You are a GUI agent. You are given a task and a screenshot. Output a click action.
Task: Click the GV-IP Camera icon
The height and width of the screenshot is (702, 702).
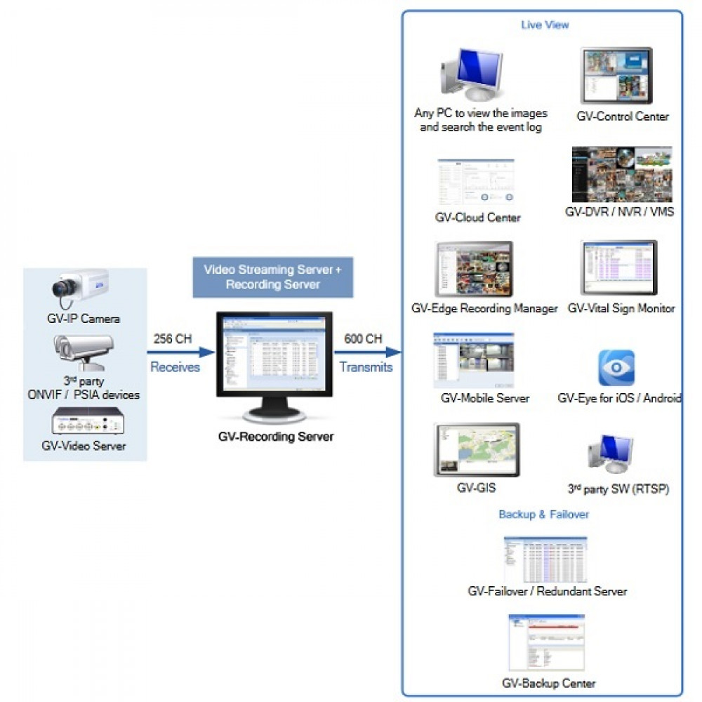[79, 290]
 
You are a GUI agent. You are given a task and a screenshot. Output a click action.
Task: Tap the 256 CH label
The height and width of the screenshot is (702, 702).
[173, 339]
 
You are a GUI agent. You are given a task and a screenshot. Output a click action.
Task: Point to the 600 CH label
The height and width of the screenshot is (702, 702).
[363, 339]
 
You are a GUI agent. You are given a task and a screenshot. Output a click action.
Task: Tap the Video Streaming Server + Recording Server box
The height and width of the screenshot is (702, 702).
[273, 277]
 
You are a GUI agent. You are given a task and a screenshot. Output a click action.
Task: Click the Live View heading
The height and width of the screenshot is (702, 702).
[545, 25]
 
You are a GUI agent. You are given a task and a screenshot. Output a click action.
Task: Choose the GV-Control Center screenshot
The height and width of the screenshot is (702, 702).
[616, 76]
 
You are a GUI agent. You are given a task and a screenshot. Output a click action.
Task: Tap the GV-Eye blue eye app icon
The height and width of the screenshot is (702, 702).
[616, 368]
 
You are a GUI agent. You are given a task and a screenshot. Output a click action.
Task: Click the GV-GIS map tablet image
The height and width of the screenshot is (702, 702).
[477, 449]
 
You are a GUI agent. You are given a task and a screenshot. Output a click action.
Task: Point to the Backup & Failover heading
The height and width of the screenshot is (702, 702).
[543, 515]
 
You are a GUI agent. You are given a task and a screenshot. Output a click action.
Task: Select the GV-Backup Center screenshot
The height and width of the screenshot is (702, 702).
[547, 643]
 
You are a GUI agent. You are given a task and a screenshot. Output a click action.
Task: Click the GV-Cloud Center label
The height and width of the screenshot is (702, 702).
[478, 218]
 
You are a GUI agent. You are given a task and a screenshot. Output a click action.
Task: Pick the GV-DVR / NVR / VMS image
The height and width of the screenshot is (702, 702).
[621, 174]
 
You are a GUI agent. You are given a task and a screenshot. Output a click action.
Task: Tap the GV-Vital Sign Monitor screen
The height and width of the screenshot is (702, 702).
[619, 267]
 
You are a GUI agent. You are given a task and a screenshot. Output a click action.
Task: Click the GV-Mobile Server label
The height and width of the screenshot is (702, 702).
[485, 398]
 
